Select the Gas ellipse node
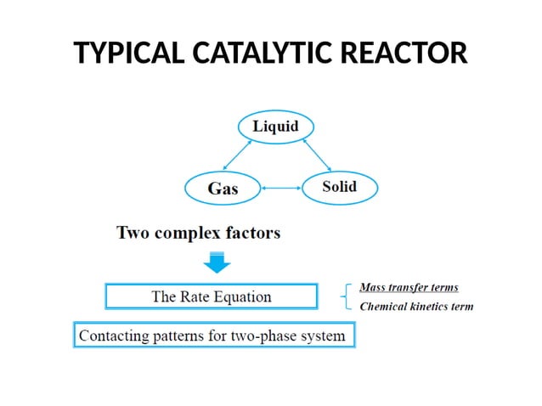(223, 188)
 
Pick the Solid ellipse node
(339, 187)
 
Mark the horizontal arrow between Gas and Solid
(279, 188)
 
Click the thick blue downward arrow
(218, 261)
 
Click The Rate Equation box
(212, 296)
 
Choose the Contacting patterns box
(212, 336)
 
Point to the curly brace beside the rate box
(344, 296)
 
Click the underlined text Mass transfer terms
(409, 288)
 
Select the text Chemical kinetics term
(416, 307)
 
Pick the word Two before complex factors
(134, 232)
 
